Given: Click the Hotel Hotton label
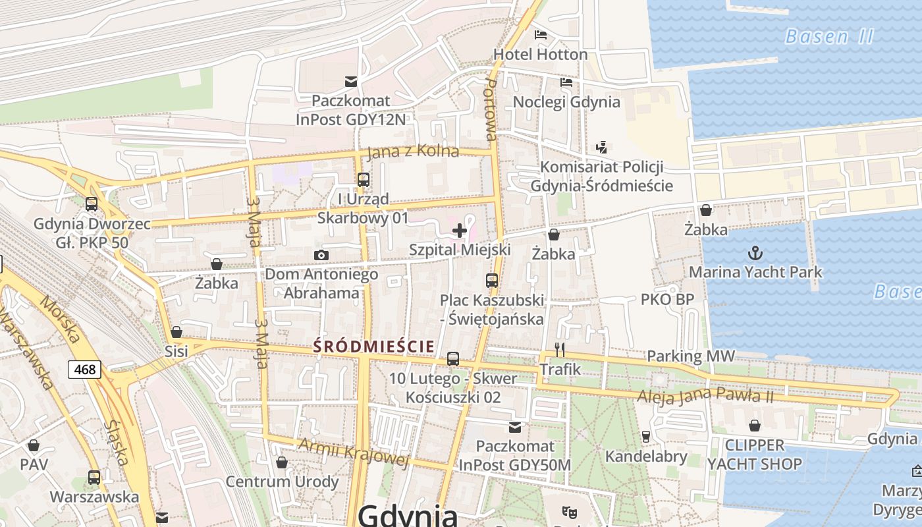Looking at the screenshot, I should pos(540,54).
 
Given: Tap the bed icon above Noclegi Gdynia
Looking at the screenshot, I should pos(566,82).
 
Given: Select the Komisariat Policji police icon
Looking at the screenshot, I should pos(601,147).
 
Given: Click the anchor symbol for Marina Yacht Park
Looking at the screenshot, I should pos(755,252).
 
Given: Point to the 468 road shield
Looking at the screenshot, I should pos(85,370).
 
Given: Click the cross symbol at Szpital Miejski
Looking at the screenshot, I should pos(460,231).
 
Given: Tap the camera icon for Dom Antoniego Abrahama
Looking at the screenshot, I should pos(321,255).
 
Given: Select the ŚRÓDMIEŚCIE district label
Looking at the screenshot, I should pos(373,346).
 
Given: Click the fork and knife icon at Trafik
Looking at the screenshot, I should pos(560,349).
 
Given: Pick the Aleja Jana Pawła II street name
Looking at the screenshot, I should pos(705,397).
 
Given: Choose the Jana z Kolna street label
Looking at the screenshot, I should pos(412,152).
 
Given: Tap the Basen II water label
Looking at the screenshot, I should pos(829,36).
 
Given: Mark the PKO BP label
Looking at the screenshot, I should pos(667,300).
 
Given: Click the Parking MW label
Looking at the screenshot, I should pos(691,356).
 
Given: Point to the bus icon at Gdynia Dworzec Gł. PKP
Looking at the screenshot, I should pos(92,204).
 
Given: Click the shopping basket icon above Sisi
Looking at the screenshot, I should pos(176,332).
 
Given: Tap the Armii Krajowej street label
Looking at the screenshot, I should pos(354,452).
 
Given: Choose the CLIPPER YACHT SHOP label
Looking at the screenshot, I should pos(755,455).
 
